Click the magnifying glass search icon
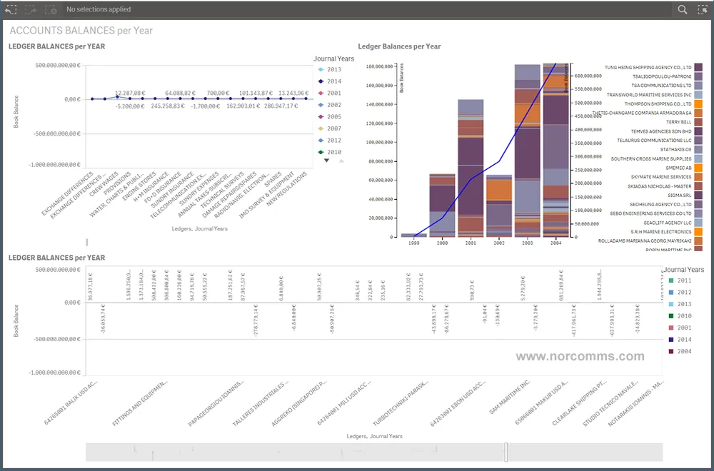pyautogui.click(x=683, y=10)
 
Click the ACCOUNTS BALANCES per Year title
pyautogui.click(x=81, y=31)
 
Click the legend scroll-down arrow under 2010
pyautogui.click(x=327, y=161)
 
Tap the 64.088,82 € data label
pyautogui.click(x=181, y=93)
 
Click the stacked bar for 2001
pyautogui.click(x=471, y=168)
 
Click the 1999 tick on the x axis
pyautogui.click(x=413, y=243)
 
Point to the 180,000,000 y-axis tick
pyautogui.click(x=379, y=66)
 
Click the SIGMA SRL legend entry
pyautogui.click(x=679, y=194)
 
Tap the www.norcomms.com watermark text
pyautogui.click(x=580, y=356)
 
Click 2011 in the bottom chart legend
pyautogui.click(x=684, y=281)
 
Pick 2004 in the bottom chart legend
pyautogui.click(x=684, y=351)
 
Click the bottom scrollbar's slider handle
pyautogui.click(x=506, y=452)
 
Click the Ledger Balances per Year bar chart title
pyautogui.click(x=399, y=46)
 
